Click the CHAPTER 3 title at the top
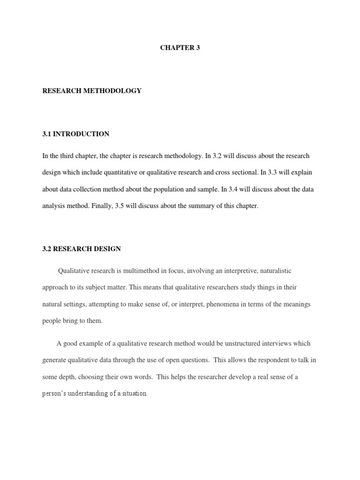180,48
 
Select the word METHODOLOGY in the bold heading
114,91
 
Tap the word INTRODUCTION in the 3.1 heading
82,134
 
